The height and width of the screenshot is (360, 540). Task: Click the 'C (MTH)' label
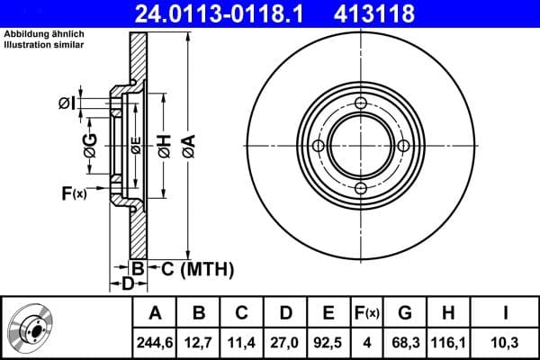[x=192, y=268]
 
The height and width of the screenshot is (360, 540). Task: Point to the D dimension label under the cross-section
[x=128, y=283]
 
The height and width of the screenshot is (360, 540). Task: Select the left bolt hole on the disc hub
[x=317, y=146]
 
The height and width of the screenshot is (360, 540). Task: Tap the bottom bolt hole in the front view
[x=360, y=188]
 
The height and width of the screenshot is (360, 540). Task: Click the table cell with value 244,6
[x=156, y=340]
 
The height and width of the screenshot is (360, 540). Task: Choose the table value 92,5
[x=328, y=340]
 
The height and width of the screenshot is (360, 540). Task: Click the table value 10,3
[x=507, y=340]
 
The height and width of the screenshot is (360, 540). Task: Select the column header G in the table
[x=405, y=313]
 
